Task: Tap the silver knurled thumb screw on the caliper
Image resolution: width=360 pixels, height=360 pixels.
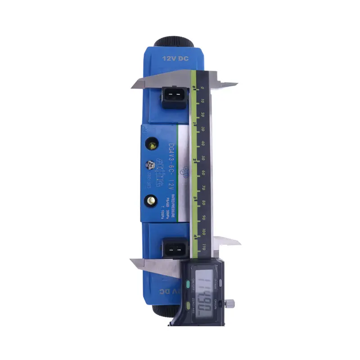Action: point(231,303)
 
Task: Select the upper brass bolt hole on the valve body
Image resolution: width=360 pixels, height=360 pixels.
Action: point(152,146)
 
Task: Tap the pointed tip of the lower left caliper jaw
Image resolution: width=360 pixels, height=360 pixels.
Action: point(130,261)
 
